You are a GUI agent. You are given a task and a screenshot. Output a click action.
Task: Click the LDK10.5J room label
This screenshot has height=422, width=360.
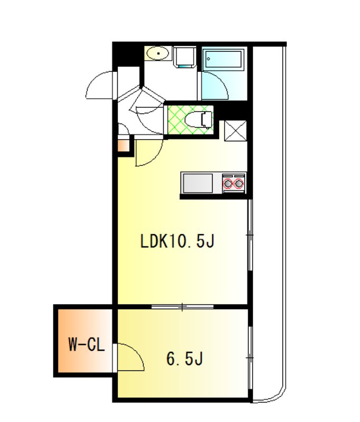click(x=177, y=241)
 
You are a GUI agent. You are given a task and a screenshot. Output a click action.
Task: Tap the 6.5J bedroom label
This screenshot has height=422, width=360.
click(x=184, y=359)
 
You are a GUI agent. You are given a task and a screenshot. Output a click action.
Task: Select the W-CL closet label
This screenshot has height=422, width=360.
click(x=86, y=344)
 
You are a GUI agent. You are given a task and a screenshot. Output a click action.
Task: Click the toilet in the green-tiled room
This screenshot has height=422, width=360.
click(x=199, y=120)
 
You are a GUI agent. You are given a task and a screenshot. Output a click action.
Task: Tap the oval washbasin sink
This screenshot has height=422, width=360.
click(x=158, y=54)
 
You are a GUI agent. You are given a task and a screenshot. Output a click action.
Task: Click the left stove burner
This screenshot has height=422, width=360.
click(x=228, y=184)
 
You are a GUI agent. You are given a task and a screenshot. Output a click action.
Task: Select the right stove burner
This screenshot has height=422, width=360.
click(x=239, y=184)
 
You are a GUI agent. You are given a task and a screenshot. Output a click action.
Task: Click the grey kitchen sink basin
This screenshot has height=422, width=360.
click(x=197, y=183)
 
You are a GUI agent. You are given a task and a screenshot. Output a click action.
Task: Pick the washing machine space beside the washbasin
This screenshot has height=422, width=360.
click(x=184, y=57)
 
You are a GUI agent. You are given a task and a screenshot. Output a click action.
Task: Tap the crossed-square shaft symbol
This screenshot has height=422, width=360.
click(x=235, y=130)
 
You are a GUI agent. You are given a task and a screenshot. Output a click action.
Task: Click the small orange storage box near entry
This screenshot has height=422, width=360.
click(x=124, y=146)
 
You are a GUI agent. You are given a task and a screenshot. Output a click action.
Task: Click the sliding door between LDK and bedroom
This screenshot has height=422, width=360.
click(x=183, y=306)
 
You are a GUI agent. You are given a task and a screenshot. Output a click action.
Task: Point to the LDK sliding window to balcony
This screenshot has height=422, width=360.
click(x=250, y=235)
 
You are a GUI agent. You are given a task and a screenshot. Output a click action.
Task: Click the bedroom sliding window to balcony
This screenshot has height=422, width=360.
click(x=250, y=358)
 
